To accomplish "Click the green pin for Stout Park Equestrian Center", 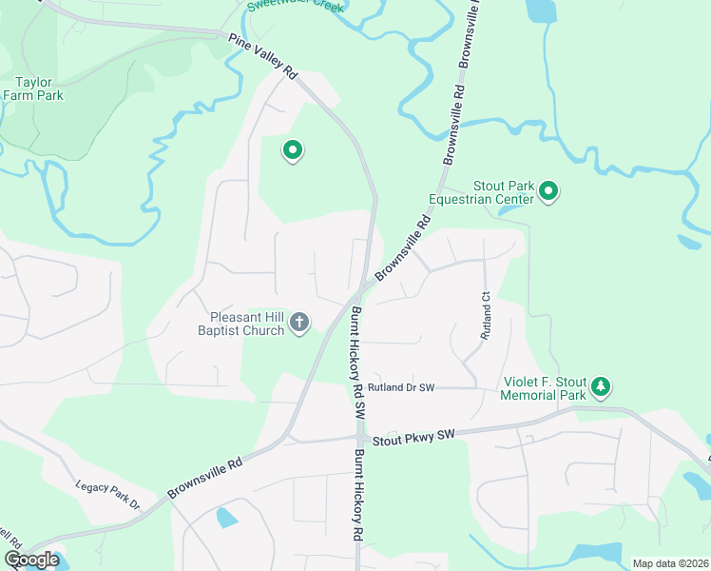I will coord(548,192).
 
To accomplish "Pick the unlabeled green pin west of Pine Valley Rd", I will coord(294,149).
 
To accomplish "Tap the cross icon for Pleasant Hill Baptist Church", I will coord(299,323).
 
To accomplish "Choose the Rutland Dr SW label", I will coord(401,387).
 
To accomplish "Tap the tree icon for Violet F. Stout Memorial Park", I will coord(600,386).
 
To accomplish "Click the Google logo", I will coord(31,560).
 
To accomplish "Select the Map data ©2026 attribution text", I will coord(669,563).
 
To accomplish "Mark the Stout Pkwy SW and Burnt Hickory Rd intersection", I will coord(360,439).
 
